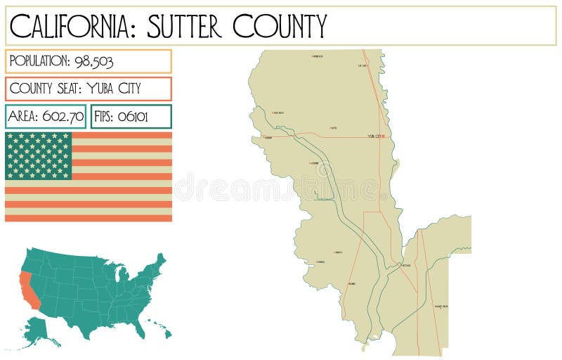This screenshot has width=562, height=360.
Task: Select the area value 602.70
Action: [x=63, y=117]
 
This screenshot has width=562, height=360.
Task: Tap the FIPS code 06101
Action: [x=132, y=117]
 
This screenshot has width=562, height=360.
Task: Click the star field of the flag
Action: [x=39, y=155]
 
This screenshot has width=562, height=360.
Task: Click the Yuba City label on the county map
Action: [x=375, y=136]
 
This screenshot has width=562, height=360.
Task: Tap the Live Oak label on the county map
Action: [x=362, y=66]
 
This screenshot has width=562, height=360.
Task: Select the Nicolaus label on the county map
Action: [x=405, y=266]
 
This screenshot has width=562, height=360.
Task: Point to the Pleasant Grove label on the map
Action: [x=441, y=307]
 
